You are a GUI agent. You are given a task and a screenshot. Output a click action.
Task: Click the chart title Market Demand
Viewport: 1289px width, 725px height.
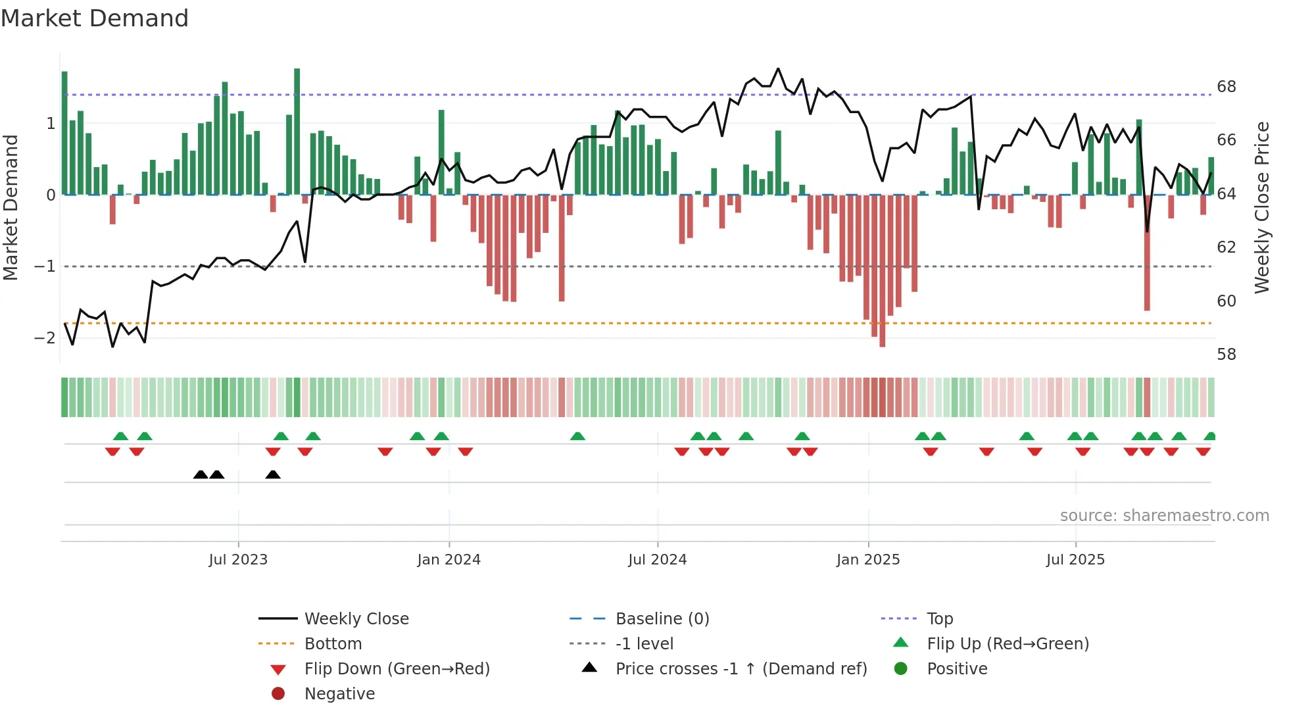[95, 18]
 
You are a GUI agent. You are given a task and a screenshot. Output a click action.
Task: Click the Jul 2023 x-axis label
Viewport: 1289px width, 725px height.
[238, 560]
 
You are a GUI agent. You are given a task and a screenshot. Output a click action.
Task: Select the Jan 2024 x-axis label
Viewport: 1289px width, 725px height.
[449, 560]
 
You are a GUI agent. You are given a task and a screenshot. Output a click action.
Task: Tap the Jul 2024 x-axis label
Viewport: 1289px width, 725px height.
[657, 560]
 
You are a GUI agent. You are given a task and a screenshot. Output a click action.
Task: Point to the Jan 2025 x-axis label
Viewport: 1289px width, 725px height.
[868, 560]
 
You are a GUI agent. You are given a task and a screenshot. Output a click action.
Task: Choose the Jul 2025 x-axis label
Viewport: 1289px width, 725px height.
[1075, 560]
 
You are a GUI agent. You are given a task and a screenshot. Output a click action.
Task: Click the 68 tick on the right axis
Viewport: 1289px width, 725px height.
[1226, 87]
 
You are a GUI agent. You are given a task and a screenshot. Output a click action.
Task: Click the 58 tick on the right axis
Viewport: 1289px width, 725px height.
[1226, 355]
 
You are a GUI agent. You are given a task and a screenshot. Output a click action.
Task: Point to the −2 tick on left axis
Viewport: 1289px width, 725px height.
[45, 338]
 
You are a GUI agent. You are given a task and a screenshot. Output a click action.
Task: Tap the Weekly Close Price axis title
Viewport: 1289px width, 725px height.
[1261, 207]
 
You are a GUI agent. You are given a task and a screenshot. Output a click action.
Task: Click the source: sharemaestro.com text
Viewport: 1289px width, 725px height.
[1164, 516]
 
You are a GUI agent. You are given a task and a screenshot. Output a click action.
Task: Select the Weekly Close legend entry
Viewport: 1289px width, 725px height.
[356, 619]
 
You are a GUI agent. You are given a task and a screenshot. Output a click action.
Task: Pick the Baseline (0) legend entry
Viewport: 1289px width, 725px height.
[662, 619]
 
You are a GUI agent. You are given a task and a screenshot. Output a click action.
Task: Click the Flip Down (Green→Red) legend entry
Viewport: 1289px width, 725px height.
[397, 669]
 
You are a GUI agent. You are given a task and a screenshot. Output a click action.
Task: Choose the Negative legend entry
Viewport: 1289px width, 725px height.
[339, 694]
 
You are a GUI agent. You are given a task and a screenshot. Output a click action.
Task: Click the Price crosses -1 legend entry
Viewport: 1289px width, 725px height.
[741, 669]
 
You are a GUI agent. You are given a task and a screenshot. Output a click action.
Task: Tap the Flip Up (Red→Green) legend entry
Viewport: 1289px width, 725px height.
[1008, 644]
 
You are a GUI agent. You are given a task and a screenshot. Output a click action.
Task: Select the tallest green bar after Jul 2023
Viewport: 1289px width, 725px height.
[297, 132]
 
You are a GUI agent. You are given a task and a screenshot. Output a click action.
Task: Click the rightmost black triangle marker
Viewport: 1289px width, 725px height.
[273, 474]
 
